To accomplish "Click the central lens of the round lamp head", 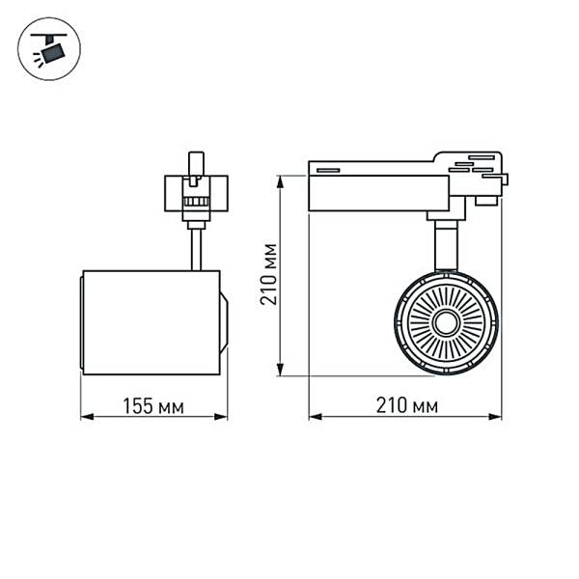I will (446, 322).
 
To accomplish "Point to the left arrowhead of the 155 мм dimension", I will (84, 418).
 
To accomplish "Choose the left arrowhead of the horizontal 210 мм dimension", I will (314, 418).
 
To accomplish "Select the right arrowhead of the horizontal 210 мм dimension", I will (503, 418).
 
